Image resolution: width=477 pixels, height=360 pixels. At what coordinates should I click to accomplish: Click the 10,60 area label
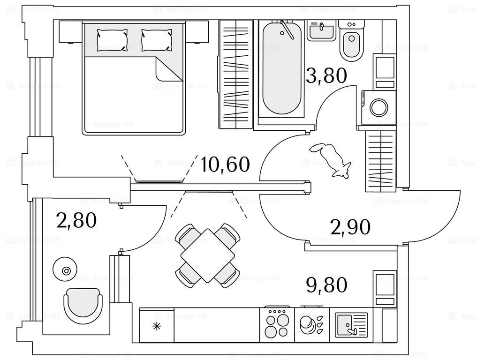(225, 165)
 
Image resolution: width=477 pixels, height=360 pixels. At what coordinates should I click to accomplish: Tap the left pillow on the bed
(112, 39)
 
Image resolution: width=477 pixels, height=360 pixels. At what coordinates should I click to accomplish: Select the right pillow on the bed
(157, 39)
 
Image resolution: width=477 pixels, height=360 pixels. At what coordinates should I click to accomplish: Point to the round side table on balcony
(66, 270)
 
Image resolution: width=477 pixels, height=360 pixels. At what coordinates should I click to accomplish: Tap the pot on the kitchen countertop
(308, 323)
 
